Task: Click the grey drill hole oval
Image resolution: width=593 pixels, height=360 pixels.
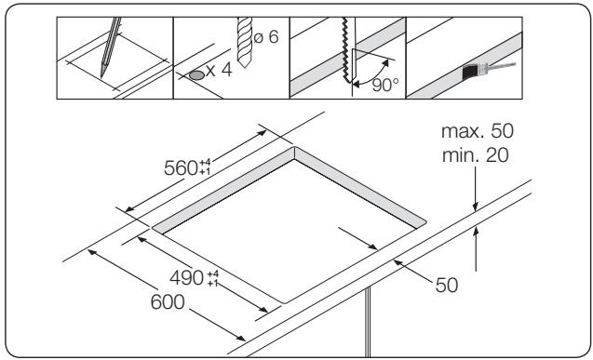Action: [195, 74]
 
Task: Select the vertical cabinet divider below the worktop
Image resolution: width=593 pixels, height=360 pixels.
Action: [371, 321]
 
